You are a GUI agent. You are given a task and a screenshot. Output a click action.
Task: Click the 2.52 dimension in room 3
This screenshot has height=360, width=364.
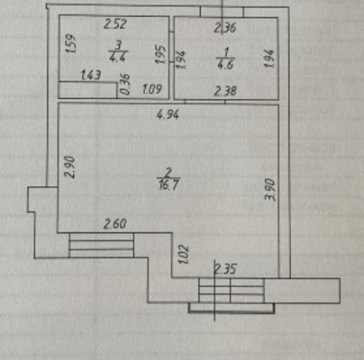[115, 23]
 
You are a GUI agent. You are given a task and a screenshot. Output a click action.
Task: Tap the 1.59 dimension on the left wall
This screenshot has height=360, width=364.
[71, 44]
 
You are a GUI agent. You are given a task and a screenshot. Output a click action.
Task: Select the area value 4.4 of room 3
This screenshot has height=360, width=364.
[118, 56]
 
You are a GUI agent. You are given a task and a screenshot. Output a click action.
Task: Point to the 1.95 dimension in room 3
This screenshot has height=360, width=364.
[160, 54]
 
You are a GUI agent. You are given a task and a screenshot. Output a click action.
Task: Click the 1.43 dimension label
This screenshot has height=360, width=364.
[91, 75]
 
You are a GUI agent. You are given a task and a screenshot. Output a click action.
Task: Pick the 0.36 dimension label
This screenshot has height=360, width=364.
[126, 85]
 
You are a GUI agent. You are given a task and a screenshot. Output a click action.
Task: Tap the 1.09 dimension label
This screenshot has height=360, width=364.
[152, 89]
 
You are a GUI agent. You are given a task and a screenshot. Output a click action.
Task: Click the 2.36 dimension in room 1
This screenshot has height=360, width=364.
[225, 28]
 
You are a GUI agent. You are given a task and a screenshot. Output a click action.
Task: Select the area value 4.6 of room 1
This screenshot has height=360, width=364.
[225, 65]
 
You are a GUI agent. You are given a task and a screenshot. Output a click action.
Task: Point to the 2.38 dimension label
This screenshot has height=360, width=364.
[225, 91]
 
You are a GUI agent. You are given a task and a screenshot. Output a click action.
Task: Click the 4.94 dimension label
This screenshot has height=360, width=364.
[168, 114]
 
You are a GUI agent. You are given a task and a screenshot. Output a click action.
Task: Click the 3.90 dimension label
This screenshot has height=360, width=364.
[269, 189]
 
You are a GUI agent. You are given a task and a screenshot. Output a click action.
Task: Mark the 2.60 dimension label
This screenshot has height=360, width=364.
[115, 224]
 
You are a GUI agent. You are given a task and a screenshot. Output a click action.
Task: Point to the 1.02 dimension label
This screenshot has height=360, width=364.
[184, 254]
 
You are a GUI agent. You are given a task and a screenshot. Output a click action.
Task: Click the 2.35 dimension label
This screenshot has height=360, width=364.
[225, 269]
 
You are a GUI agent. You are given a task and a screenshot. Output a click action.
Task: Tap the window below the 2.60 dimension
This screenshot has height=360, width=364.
[102, 245]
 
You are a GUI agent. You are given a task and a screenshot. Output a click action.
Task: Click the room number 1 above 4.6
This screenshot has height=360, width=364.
[226, 53]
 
